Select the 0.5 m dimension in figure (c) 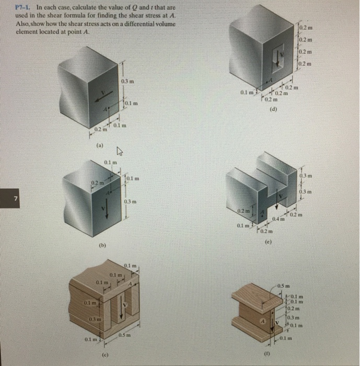click(x=123, y=335)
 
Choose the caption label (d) click(x=272, y=110)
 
